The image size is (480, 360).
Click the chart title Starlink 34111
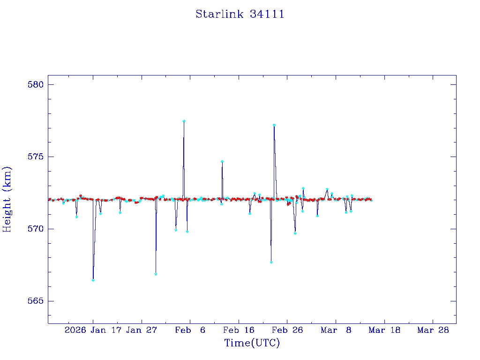[240, 14]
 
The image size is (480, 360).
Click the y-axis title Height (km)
[7, 199]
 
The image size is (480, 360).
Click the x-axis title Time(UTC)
[252, 343]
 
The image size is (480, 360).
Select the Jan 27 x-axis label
[142, 330]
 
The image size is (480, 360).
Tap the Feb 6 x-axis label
[190, 330]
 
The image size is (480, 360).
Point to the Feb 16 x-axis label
[239, 330]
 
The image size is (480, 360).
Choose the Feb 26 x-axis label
[287, 330]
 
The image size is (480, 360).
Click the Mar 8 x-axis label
[336, 330]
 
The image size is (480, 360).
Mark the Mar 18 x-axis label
[384, 330]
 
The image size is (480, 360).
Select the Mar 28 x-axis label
[433, 330]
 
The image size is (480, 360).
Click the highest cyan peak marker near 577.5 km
[184, 121]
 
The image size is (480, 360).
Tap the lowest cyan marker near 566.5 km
[93, 280]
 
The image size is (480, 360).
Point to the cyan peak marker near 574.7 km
[222, 161]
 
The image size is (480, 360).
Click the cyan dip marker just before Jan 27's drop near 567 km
[156, 274]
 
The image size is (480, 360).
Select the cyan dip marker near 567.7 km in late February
[271, 262]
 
